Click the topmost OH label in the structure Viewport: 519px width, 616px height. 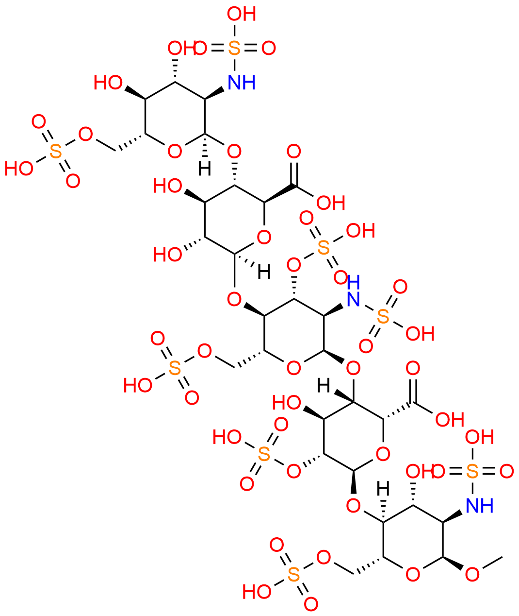(x=241, y=14)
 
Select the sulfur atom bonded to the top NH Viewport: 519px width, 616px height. (x=234, y=48)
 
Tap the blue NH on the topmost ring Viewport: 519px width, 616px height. (x=241, y=82)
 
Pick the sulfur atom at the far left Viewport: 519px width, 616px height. (x=56, y=152)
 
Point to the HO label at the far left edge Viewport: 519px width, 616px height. (x=18, y=169)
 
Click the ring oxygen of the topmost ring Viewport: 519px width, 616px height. (x=175, y=152)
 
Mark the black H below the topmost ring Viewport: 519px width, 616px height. (x=204, y=169)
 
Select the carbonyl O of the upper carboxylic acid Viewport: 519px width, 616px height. (x=293, y=152)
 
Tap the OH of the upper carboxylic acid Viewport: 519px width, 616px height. (x=330, y=203)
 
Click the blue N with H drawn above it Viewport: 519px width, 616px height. (x=353, y=299)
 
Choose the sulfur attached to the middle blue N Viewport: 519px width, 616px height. (x=383, y=317)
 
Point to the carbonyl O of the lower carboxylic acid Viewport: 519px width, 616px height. (x=413, y=368)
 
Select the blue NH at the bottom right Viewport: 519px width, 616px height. (x=479, y=506)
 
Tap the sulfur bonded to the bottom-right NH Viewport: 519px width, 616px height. (x=472, y=471)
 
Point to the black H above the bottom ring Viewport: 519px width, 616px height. (x=383, y=489)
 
